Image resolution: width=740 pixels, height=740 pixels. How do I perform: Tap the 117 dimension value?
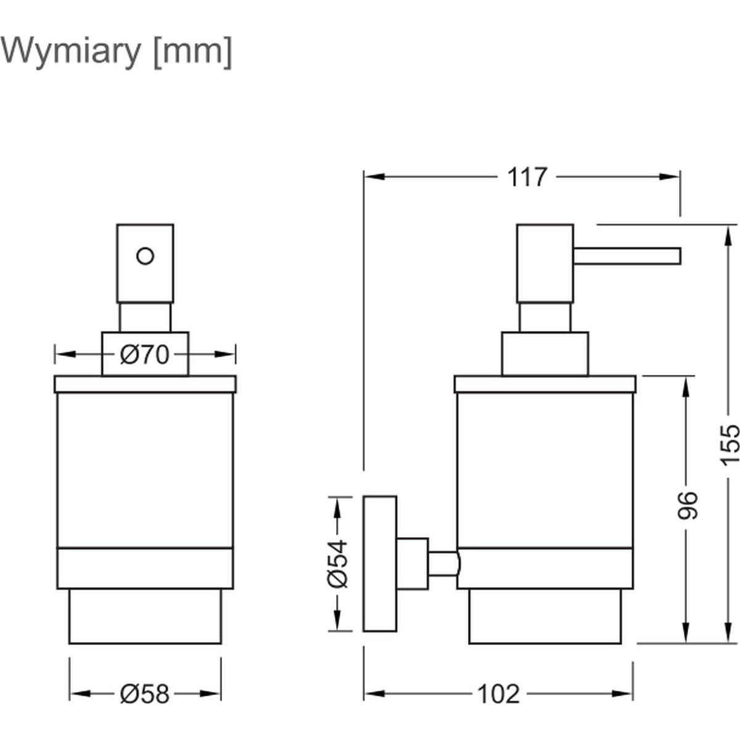tap(527, 178)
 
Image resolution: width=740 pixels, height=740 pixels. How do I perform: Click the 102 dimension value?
tap(499, 694)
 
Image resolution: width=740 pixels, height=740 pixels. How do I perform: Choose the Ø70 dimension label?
tap(144, 355)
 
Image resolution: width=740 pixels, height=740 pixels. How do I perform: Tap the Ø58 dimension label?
tap(144, 694)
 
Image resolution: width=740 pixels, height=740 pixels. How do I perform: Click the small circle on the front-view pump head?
tap(145, 255)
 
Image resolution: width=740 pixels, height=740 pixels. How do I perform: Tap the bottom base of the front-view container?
tap(145, 617)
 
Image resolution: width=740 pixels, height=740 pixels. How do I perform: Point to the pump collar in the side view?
tap(545, 354)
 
